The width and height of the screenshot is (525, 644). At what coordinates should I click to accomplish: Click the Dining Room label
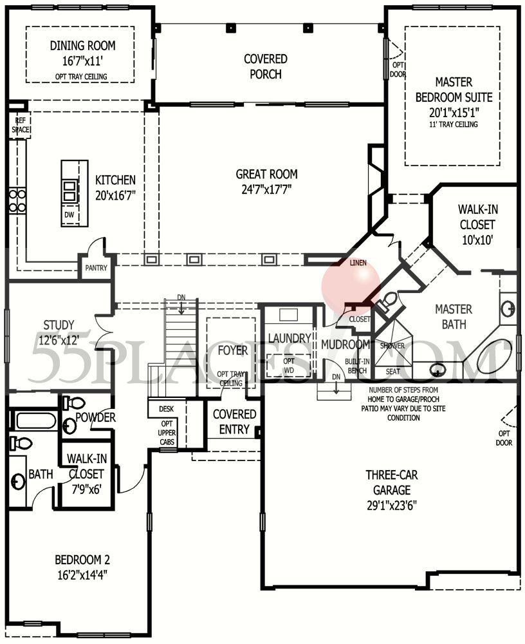coord(82,46)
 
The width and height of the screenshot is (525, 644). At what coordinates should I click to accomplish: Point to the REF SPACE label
coord(19,125)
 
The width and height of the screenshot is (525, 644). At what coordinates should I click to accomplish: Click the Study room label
coord(59,325)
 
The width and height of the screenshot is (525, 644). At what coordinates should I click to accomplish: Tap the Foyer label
coord(232,351)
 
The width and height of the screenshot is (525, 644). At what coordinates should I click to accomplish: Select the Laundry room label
coord(290,338)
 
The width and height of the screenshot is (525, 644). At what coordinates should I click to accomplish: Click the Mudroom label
coord(345,345)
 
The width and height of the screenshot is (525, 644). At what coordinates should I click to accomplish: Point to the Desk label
coord(166,409)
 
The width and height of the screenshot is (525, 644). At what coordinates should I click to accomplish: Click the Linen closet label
coord(358,263)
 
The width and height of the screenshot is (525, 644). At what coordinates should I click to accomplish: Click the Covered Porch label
coord(265,66)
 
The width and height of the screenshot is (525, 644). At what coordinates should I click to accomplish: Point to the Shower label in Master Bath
coord(392,345)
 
